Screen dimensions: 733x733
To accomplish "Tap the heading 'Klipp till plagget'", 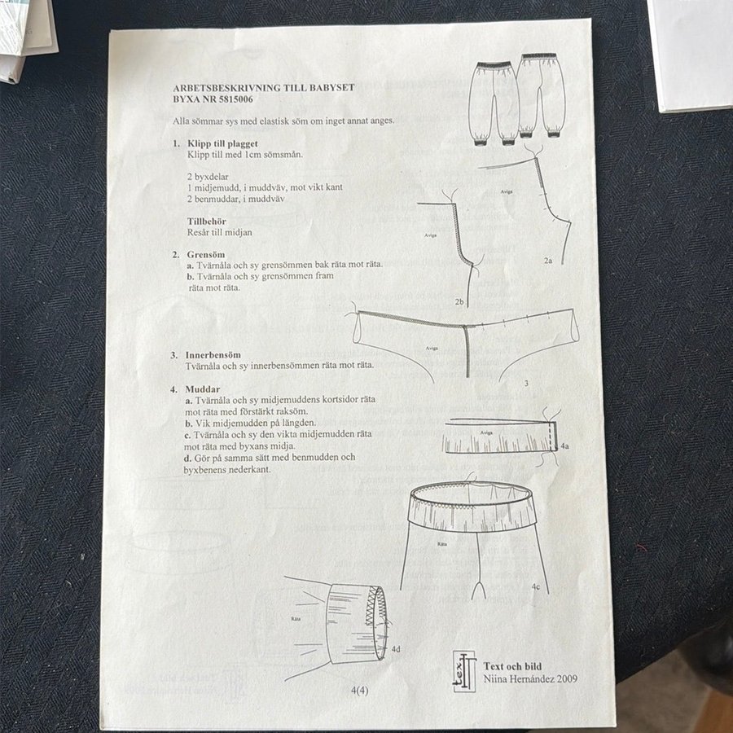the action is (222, 143).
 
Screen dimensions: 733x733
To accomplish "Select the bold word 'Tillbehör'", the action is (207, 221).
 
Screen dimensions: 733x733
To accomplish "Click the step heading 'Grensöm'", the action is (206, 255).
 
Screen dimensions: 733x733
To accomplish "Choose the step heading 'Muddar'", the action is (203, 389).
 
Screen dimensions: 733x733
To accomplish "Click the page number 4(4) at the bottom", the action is (359, 690).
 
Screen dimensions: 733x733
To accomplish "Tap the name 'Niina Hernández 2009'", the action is (530, 678).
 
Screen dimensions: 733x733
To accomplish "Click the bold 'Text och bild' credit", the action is (512, 666).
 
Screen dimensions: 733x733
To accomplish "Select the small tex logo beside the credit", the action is (464, 671).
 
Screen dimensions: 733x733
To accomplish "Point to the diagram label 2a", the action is (548, 261).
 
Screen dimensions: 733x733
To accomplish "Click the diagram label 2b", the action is (459, 302).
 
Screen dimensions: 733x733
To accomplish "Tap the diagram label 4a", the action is (564, 446).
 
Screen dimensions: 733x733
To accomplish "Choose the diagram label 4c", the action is (535, 586).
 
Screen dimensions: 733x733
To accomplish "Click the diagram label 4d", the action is (396, 649).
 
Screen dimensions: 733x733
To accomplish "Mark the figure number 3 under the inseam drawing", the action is (526, 384).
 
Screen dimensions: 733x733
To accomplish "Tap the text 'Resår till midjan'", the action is (220, 232).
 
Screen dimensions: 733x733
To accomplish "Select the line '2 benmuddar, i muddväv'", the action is (236, 199).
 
